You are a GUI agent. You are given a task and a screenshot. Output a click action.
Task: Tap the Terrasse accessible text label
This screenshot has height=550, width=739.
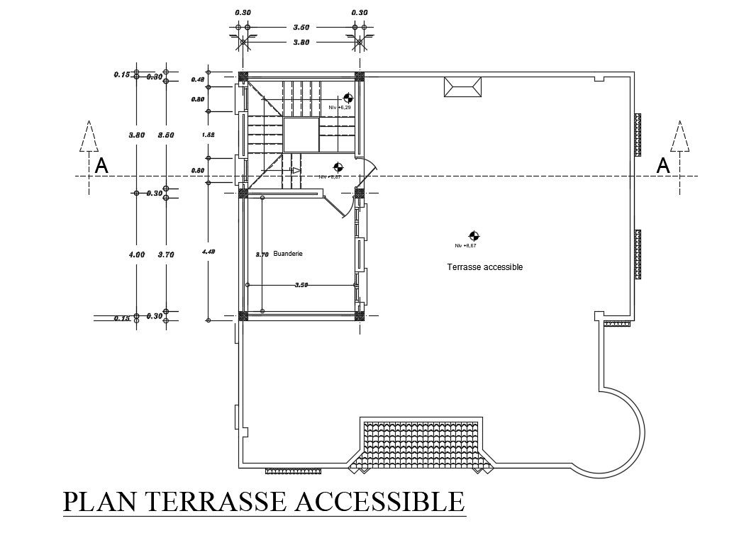484,267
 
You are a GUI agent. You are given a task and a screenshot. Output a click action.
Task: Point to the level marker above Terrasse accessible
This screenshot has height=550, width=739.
473,236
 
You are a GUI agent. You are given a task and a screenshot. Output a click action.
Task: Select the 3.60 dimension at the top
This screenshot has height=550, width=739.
302,28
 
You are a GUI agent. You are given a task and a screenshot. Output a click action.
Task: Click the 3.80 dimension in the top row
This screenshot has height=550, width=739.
302,42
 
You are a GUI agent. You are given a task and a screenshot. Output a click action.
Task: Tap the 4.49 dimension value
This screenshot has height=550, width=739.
208,252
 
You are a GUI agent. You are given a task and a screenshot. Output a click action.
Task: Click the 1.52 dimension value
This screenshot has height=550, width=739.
208,135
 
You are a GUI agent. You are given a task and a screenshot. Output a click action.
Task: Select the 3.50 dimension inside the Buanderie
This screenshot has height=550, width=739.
301,285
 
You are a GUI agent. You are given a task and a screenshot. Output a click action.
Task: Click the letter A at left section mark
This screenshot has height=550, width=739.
102,166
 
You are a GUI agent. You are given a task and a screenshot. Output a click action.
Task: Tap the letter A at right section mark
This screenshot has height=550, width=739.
663,166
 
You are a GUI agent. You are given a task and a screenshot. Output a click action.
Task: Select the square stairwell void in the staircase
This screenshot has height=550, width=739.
300,135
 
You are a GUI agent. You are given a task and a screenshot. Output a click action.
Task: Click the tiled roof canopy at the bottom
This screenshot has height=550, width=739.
423,445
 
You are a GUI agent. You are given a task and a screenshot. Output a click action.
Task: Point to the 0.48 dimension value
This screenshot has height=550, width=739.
198,79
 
